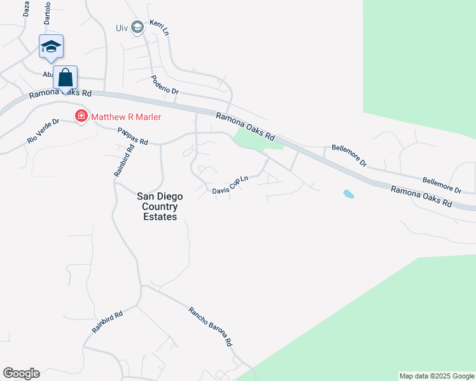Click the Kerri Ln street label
[x=158, y=27]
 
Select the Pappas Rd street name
[x=132, y=135]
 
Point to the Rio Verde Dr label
[x=43, y=130]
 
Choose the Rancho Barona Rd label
[x=210, y=326]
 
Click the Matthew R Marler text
[x=126, y=117]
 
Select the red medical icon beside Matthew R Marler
[x=81, y=117]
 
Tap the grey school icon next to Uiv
[x=137, y=27]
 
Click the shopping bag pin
[x=65, y=77]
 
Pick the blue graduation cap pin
[x=51, y=46]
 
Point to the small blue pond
[x=348, y=194]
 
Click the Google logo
[x=21, y=373]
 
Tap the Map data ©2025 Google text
[x=436, y=376]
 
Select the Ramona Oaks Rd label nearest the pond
[x=421, y=197]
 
